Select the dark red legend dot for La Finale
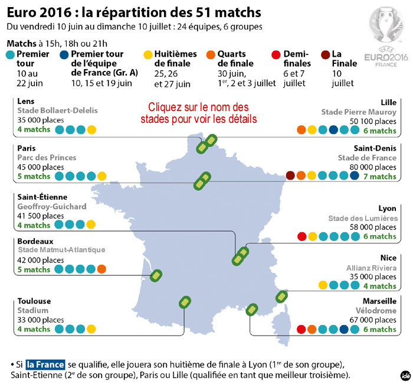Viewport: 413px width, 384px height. coord(327,54)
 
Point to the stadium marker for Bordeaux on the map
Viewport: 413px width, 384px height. coord(156,276)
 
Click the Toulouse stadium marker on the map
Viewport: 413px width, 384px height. coord(185,302)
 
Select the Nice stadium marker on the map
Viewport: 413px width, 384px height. coord(282,297)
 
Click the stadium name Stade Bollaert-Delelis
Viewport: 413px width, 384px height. coord(57,110)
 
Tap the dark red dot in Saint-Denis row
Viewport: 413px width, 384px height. coord(290,175)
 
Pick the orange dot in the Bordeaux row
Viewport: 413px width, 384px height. coord(101,269)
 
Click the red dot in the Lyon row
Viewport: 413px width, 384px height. coord(302,237)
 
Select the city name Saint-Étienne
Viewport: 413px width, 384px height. coord(42,197)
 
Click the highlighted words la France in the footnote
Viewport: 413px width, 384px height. coord(45,364)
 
